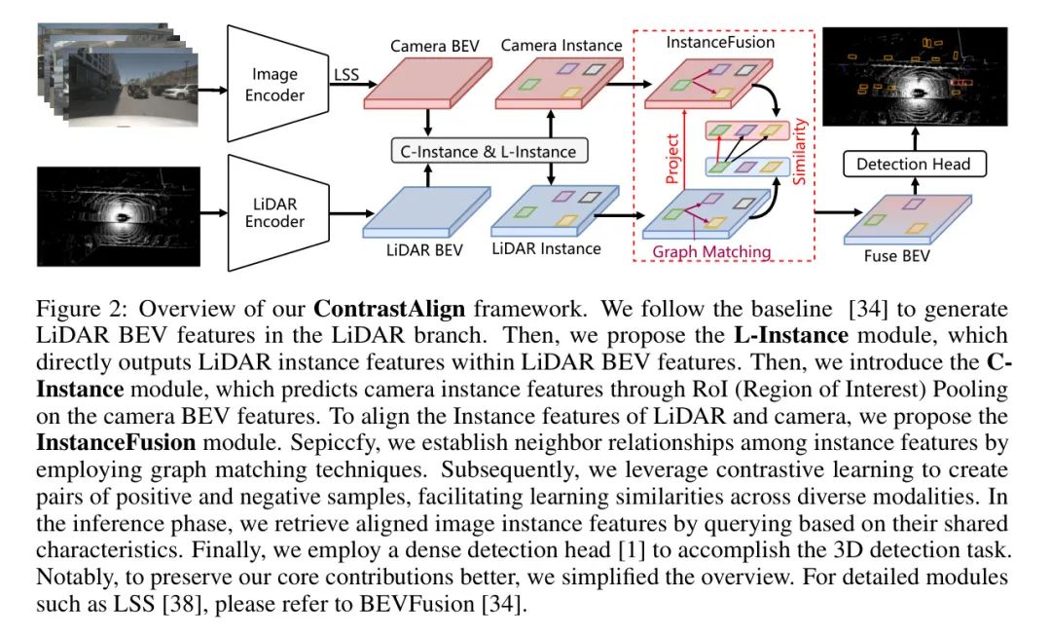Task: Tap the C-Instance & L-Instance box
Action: click(x=489, y=150)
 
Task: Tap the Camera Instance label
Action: click(x=561, y=45)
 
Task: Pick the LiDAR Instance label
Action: click(x=546, y=249)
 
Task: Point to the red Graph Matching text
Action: click(x=711, y=252)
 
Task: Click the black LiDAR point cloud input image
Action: click(x=118, y=214)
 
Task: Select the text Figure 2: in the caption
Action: click(x=74, y=310)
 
